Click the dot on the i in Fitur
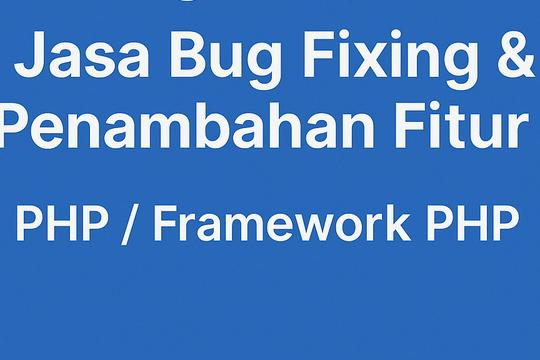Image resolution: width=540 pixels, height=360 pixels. coord(431,113)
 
